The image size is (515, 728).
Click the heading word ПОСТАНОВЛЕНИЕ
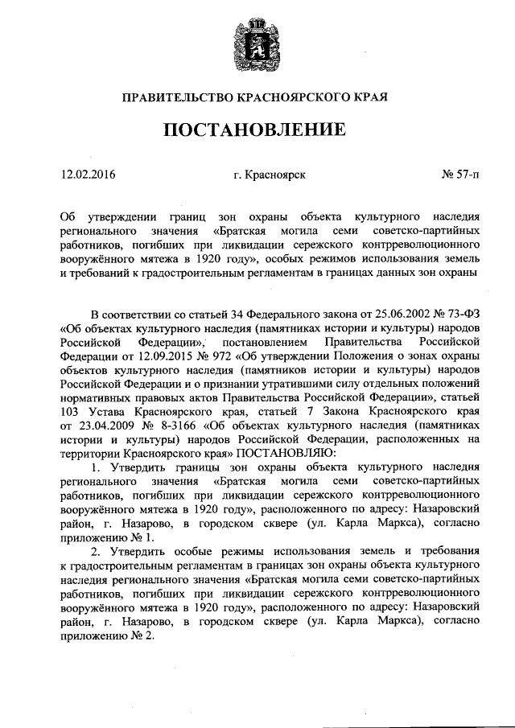(256, 130)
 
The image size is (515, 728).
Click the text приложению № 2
(105, 635)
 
